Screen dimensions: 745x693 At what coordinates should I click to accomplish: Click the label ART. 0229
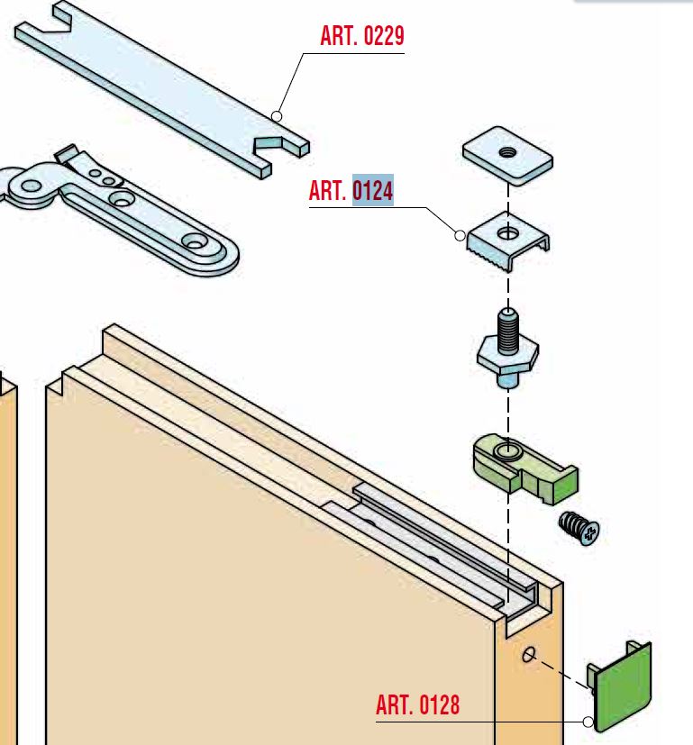(x=362, y=37)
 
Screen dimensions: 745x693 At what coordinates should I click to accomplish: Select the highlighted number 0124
(x=372, y=191)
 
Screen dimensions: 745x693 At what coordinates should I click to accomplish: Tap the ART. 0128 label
(x=417, y=704)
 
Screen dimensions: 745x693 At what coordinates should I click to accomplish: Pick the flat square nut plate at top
(x=507, y=150)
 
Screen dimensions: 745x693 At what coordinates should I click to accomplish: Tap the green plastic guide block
(x=523, y=465)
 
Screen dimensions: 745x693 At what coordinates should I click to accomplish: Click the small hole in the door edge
(x=528, y=655)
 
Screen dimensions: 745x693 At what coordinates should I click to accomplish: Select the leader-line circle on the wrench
(x=277, y=116)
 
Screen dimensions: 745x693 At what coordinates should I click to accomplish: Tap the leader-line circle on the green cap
(x=588, y=722)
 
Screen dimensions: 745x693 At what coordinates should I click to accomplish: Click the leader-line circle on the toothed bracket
(x=460, y=236)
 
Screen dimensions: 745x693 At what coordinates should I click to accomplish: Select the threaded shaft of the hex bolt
(x=506, y=325)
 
